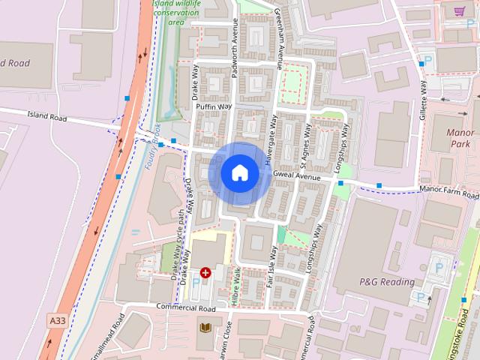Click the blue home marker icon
pos(240,173)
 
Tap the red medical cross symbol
pos(205,273)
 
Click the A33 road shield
pos(57,319)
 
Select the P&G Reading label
pos(387,282)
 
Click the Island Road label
pos(46,118)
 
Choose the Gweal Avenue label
pos(297,175)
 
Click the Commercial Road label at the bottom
pos(186,308)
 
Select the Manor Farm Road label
pos(448,193)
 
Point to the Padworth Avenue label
pos(235,53)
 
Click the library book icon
pos(205,327)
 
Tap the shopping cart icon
pos(459,11)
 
